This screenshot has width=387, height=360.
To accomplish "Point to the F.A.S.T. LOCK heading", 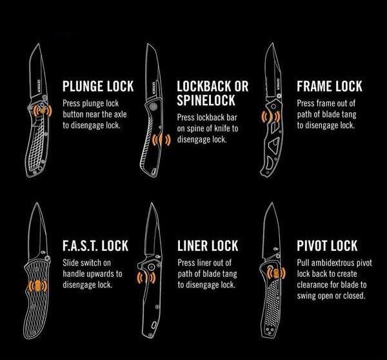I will (x=95, y=246).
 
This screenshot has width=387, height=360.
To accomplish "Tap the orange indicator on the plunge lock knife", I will (x=39, y=111).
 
